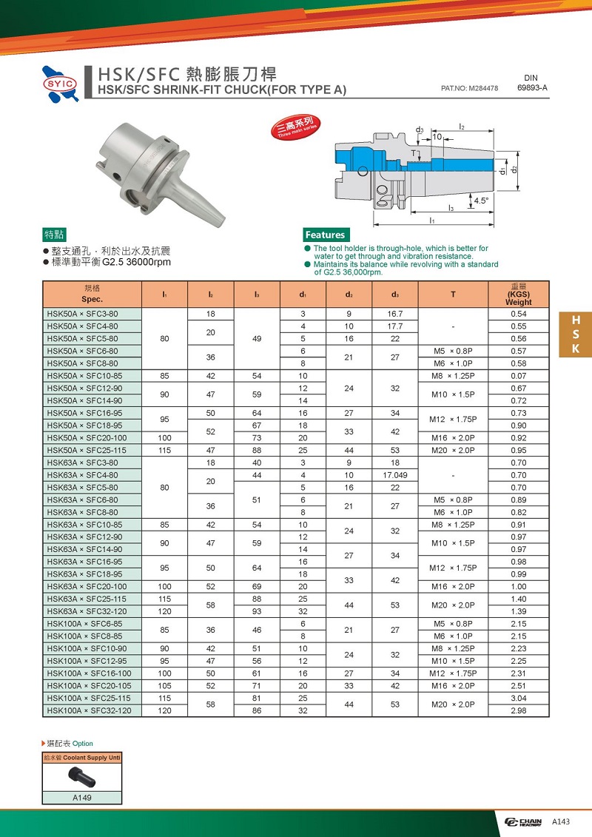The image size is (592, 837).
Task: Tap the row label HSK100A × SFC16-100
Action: click(x=90, y=673)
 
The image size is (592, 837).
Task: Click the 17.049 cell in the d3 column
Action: click(x=394, y=475)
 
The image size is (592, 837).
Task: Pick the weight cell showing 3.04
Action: click(x=518, y=698)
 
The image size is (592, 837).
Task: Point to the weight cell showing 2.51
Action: click(x=518, y=686)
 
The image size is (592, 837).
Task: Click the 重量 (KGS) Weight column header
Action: click(x=518, y=294)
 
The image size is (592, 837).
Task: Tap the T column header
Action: click(x=453, y=295)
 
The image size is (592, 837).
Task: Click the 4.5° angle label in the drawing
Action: click(x=481, y=201)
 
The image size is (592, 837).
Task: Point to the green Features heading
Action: click(x=325, y=235)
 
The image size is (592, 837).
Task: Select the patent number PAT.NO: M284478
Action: click(x=469, y=88)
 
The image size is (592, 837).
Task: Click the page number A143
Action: click(x=560, y=821)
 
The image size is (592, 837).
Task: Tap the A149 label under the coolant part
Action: click(x=81, y=798)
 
